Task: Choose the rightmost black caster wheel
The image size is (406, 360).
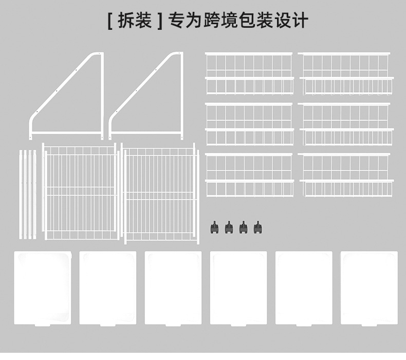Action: click(x=257, y=227)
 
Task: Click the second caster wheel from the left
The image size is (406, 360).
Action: click(x=229, y=227)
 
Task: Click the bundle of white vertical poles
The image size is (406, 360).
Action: click(x=28, y=194)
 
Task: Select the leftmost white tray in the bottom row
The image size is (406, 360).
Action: click(x=42, y=288)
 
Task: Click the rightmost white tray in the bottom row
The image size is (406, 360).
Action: click(x=369, y=288)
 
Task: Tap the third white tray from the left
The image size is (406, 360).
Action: click(x=173, y=288)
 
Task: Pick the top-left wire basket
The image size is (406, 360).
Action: click(x=249, y=74)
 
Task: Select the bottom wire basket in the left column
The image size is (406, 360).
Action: click(x=249, y=175)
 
